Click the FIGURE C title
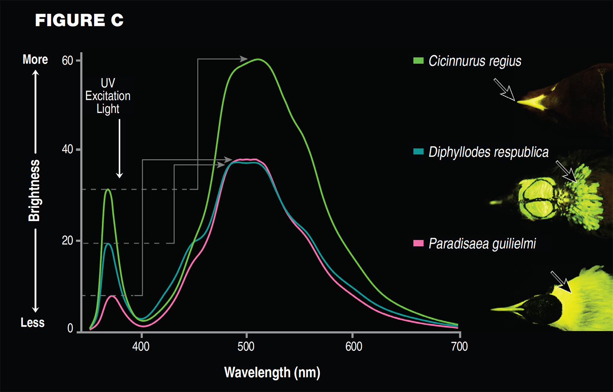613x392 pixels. [79, 20]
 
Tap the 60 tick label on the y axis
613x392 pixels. [67, 61]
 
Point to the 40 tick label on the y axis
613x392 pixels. [67, 149]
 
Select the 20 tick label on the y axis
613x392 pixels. [67, 241]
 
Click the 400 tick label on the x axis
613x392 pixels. [141, 347]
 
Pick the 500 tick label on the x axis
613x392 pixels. [246, 347]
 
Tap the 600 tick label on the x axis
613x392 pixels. [354, 347]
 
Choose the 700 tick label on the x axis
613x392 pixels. [459, 347]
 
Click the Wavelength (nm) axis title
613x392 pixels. [272, 372]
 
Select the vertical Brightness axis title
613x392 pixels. [34, 190]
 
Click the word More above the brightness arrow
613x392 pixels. [35, 60]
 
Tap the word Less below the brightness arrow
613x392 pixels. [32, 323]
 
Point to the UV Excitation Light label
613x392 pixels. [108, 96]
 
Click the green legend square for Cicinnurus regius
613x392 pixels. [418, 61]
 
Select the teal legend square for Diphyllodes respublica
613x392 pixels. [418, 152]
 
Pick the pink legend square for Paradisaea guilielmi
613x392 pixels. [418, 244]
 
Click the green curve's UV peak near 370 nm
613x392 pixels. [108, 190]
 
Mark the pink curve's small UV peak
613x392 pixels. [112, 296]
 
